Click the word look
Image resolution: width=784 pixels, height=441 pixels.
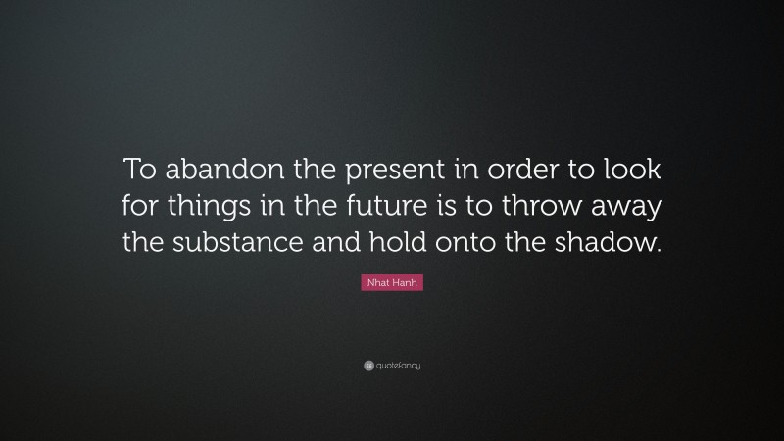(629, 171)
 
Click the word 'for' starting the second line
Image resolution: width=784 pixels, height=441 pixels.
(140, 208)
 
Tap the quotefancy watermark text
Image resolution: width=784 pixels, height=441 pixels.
(398, 366)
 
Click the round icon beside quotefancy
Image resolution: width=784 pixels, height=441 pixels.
(367, 366)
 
